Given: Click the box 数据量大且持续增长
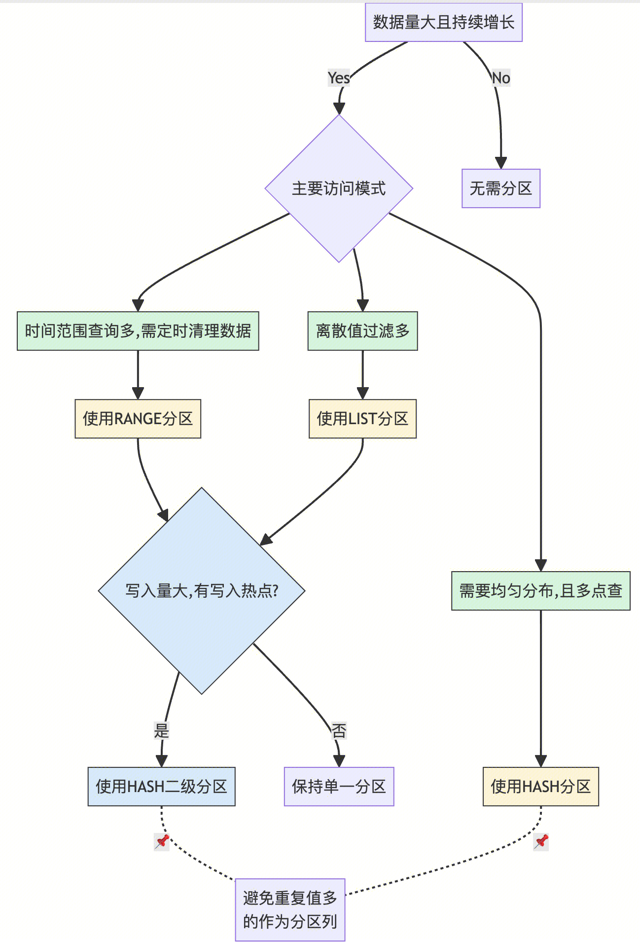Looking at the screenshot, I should point(443,22).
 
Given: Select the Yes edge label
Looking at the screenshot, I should point(339,78).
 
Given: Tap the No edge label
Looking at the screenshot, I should point(501,78).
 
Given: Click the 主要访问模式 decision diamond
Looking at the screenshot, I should point(339,188).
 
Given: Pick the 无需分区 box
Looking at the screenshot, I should point(501,188).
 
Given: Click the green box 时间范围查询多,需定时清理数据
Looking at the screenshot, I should point(138,331).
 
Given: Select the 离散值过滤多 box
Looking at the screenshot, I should point(362,331).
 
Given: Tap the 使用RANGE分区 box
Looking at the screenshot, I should point(138,419).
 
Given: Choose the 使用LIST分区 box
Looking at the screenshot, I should point(362,419).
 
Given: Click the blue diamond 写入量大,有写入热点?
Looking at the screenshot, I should point(202,591).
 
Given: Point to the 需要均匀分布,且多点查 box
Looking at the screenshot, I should point(541,591).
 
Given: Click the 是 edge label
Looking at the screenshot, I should point(162,730).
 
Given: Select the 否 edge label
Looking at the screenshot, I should point(339,730).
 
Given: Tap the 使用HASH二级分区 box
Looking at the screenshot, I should point(162,787).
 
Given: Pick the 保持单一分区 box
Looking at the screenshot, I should point(339,787).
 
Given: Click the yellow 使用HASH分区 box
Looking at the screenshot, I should point(541,787).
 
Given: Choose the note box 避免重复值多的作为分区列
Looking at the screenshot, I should point(290,910).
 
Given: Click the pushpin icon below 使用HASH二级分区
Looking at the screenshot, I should point(162,842).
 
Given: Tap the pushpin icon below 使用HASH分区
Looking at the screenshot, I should point(541,842).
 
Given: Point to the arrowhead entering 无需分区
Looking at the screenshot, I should point(501,163).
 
